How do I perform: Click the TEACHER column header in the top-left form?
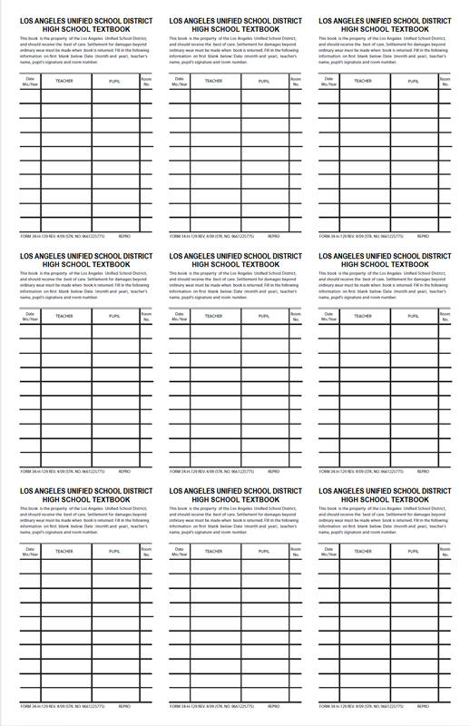coord(64,81)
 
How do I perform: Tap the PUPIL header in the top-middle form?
coord(263,81)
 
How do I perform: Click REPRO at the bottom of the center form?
coord(273,471)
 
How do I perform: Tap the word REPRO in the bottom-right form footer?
coord(423,706)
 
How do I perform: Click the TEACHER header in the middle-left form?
coord(64,316)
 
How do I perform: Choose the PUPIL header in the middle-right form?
coord(413,316)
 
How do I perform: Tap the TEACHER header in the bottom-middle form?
coord(213,551)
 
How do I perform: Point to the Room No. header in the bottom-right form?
coord(445,551)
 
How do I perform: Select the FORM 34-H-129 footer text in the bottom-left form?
coord(61,706)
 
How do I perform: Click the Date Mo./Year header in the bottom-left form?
coord(29,551)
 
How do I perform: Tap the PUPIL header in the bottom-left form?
coord(114,551)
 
